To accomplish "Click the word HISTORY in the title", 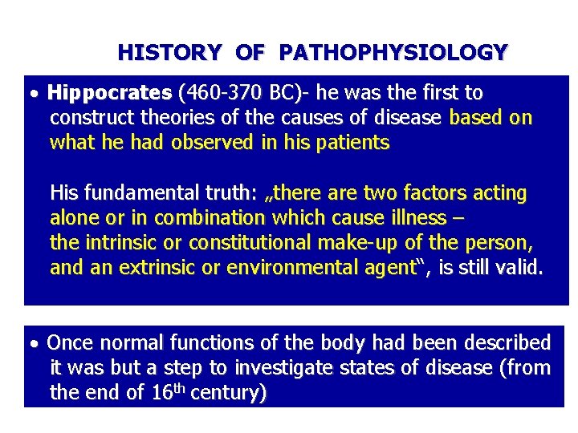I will pos(169,53).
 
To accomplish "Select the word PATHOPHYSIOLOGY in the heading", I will pos(393,53).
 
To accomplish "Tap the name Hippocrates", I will pos(109,93).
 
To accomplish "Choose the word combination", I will pos(209,218).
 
